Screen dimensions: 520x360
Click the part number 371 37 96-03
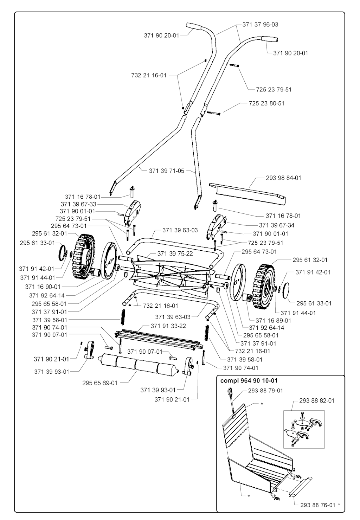point(260,25)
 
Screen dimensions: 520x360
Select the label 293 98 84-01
point(283,178)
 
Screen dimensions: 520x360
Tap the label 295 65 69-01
point(100,383)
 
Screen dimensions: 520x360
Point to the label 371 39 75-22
point(175,253)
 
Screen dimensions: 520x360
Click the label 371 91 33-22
point(168,326)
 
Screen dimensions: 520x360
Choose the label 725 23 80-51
point(266,103)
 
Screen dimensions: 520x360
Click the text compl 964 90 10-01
point(249,381)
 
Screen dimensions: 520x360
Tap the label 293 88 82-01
point(317,400)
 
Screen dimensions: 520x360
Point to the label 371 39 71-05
point(167,171)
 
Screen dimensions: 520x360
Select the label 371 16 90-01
point(43,287)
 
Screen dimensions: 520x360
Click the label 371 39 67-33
point(78,204)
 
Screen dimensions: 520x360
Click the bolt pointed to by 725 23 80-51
point(214,113)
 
